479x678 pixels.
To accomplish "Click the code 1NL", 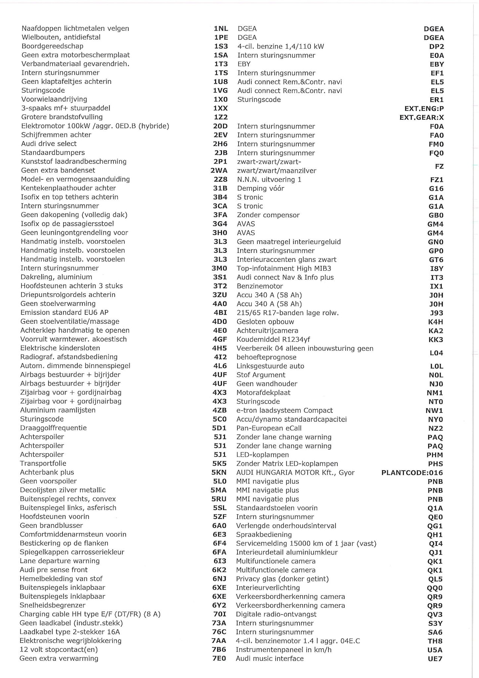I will click(x=221, y=28).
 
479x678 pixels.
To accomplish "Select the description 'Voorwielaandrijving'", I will click(x=54, y=99).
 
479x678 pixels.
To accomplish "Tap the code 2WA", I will click(x=219, y=170).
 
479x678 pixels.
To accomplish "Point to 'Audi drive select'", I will click(x=49, y=143).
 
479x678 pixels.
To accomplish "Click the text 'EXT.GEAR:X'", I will click(x=421, y=117).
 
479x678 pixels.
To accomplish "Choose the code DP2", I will click(x=436, y=46).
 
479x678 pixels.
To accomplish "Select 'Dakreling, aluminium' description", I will click(x=56, y=277).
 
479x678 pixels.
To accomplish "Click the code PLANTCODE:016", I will click(x=412, y=473).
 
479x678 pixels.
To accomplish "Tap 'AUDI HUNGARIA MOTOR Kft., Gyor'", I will click(x=295, y=473).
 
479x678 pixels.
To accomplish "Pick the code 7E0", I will click(x=219, y=658).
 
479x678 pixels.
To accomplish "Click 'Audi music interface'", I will click(x=269, y=659).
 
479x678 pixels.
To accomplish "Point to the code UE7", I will click(x=435, y=659).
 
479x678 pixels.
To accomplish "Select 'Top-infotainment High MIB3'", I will click(x=284, y=268).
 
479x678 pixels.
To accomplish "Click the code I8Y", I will click(x=436, y=269).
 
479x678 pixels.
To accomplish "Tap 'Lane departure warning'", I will click(x=60, y=561).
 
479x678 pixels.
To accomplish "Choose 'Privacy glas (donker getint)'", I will click(x=282, y=579).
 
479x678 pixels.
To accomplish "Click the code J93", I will click(x=436, y=313).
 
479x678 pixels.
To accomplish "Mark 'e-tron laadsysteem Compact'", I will click(x=284, y=410).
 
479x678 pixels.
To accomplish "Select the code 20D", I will click(x=220, y=126).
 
